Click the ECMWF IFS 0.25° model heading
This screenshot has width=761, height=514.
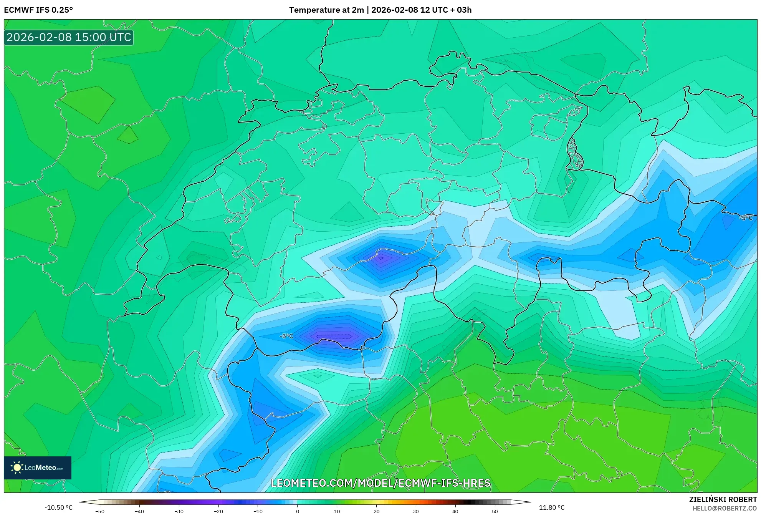click(38, 10)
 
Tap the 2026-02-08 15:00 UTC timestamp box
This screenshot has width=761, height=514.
click(69, 37)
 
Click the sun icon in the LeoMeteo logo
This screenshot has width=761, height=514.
click(17, 468)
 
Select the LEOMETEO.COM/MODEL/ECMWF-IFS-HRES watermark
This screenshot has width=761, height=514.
click(380, 483)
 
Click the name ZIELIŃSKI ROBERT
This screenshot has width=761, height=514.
click(723, 499)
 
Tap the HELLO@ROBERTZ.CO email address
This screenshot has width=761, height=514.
click(725, 508)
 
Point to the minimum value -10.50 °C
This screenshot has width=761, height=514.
click(58, 507)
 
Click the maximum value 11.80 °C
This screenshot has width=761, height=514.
click(551, 507)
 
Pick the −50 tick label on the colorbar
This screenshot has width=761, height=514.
click(99, 511)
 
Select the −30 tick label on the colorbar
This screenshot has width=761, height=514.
click(179, 511)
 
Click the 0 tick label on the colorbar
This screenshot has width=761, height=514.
click(298, 511)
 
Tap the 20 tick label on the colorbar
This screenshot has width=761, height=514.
click(376, 511)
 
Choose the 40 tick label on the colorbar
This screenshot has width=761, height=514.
click(455, 511)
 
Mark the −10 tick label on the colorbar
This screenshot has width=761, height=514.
click(258, 511)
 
